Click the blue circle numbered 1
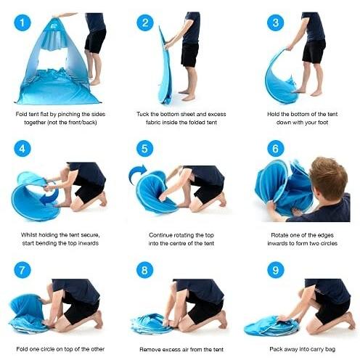22,22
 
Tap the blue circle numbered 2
145,22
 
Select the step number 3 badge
276,22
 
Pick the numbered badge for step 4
22,148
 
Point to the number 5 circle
144,148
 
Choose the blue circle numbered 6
276,148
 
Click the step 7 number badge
22,270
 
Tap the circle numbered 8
144,270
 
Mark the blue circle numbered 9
276,270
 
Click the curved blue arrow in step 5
136,172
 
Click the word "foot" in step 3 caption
322,123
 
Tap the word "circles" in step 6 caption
327,243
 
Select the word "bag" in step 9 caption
330,349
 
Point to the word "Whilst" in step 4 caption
29,235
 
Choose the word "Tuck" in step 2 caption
143,114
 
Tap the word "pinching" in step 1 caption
69,114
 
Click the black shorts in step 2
190,54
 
